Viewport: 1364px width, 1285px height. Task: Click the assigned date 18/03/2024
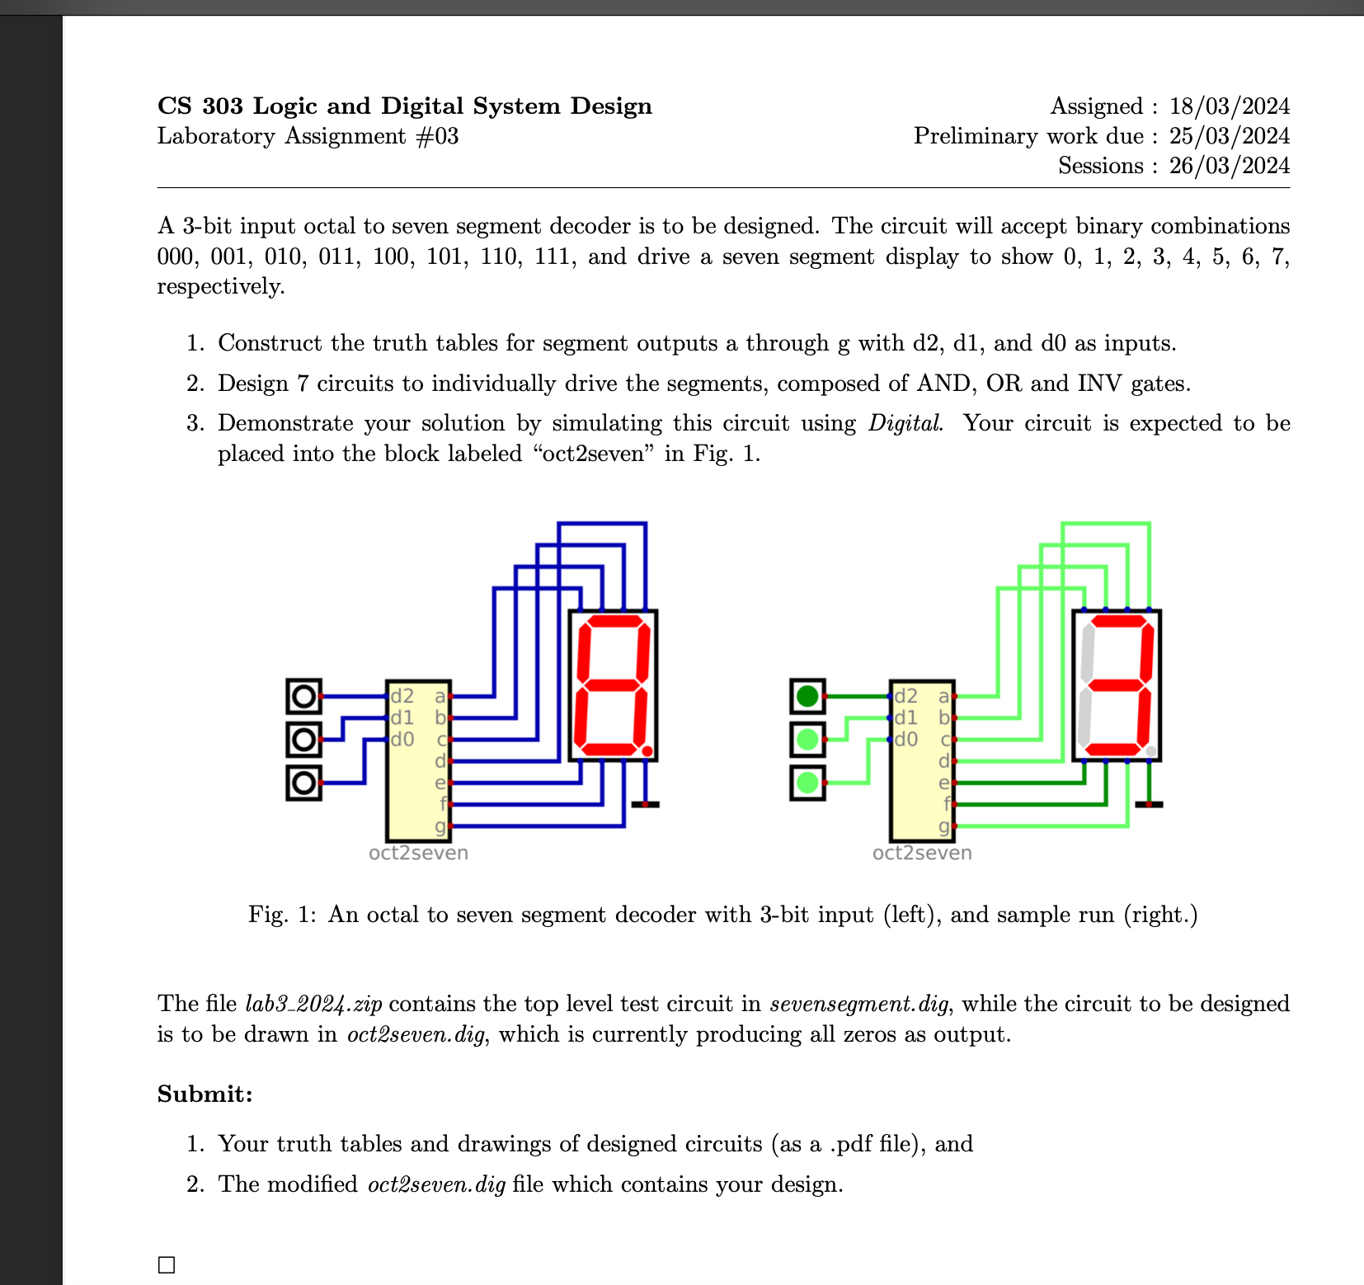pyautogui.click(x=1229, y=106)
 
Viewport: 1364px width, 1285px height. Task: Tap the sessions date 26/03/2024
pyautogui.click(x=1229, y=166)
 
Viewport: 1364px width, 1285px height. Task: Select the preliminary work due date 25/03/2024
pyautogui.click(x=1229, y=136)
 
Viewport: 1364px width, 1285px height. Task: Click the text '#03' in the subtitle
pyautogui.click(x=437, y=136)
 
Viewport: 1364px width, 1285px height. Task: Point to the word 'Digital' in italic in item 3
pyautogui.click(x=905, y=423)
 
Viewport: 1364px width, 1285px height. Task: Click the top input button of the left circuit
pyautogui.click(x=303, y=697)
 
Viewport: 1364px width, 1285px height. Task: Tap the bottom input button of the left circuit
pyautogui.click(x=303, y=783)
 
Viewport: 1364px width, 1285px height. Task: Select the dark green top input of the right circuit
pyautogui.click(x=807, y=697)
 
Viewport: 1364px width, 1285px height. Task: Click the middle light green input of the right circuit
pyautogui.click(x=807, y=740)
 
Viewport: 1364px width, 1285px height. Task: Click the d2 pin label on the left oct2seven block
pyautogui.click(x=402, y=696)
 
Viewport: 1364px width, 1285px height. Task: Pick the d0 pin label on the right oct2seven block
pyautogui.click(x=905, y=739)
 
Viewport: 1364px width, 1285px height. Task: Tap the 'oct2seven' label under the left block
pyautogui.click(x=418, y=853)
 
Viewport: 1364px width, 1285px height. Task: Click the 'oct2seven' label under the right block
pyautogui.click(x=922, y=853)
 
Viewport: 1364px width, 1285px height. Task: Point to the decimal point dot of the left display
pyautogui.click(x=647, y=751)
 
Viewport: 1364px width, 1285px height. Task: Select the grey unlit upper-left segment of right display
pyautogui.click(x=1088, y=651)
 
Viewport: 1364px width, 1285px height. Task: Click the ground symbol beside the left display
pyautogui.click(x=645, y=803)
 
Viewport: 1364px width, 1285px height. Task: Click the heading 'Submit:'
pyautogui.click(x=205, y=1094)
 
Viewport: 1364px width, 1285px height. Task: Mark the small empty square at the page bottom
pyautogui.click(x=167, y=1264)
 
